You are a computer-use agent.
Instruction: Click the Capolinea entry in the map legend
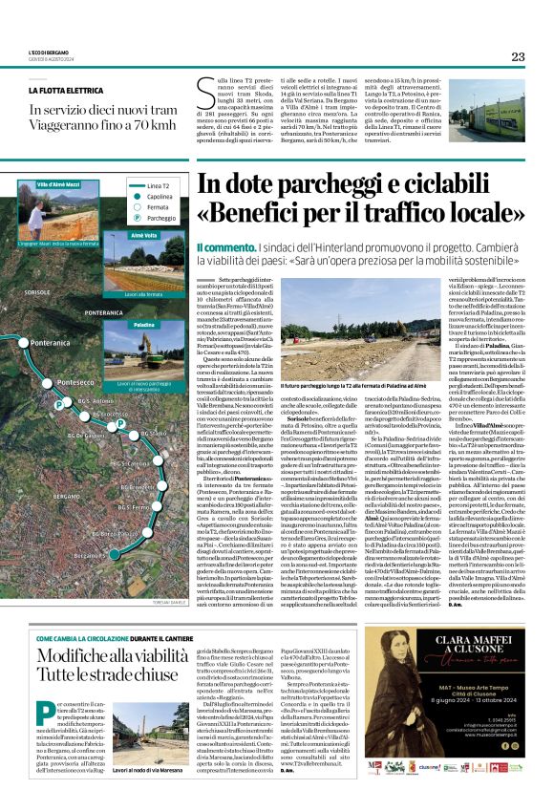pyautogui.click(x=145, y=195)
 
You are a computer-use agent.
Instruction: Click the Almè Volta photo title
pyautogui.click(x=144, y=235)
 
